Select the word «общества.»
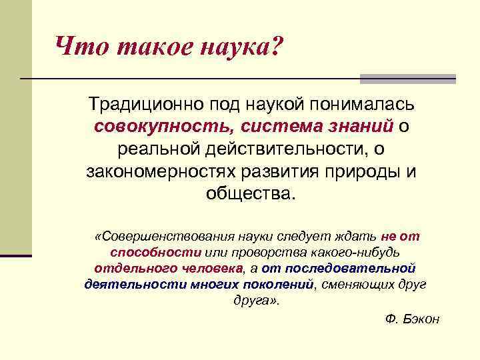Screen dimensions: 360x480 [250, 193]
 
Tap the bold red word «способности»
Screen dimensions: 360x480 [156, 253]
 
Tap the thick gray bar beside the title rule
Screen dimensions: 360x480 [407, 79]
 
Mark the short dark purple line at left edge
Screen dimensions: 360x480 [16, 255]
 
